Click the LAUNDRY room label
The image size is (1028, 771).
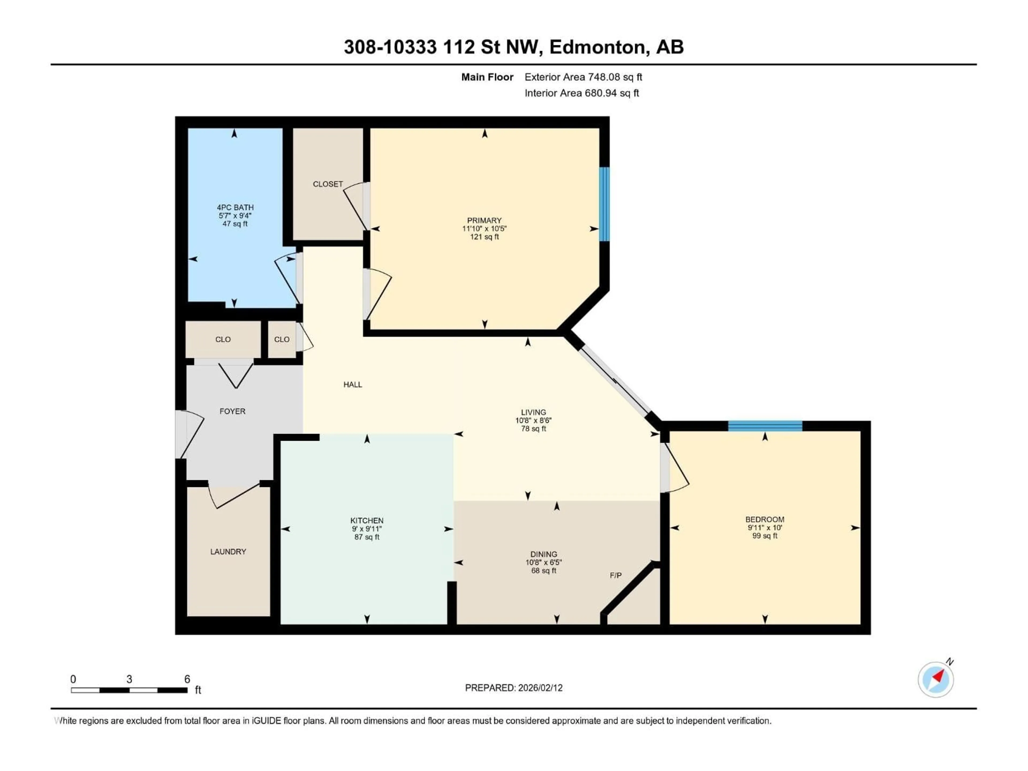tap(228, 552)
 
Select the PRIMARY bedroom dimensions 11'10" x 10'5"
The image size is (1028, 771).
tap(484, 229)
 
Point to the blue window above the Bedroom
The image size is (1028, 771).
tap(765, 426)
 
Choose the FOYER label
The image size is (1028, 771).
tap(232, 411)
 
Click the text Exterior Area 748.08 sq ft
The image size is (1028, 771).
tap(583, 77)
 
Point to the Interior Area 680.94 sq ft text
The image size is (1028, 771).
tap(581, 93)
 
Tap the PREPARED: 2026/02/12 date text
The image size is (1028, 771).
tap(513, 688)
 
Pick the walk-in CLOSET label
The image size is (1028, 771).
tap(328, 184)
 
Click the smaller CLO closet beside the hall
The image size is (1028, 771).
tap(282, 339)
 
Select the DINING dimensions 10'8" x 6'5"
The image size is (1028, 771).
tap(544, 562)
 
